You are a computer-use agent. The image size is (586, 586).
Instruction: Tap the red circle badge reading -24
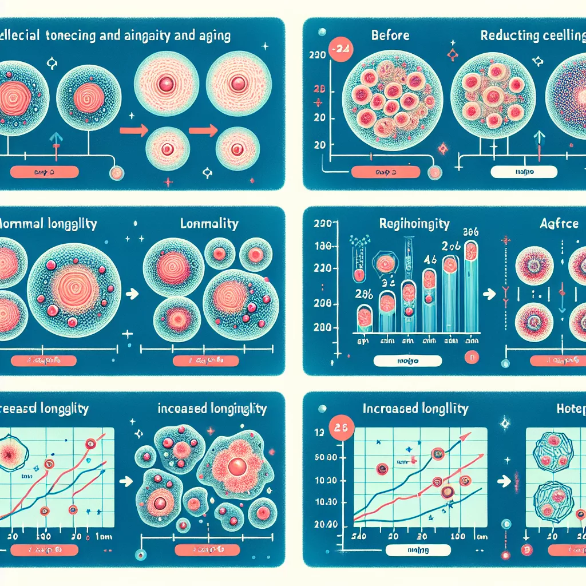point(339,49)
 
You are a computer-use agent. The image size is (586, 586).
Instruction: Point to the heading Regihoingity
point(415,223)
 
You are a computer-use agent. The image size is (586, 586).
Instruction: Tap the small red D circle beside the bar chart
point(473,358)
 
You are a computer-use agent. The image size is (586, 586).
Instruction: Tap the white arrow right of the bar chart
point(490,294)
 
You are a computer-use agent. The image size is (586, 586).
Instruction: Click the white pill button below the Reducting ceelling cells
point(524,171)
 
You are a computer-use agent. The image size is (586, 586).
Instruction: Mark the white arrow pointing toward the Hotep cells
point(504,482)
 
